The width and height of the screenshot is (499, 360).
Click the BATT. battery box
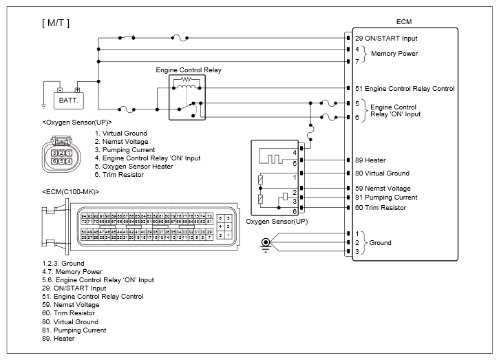(68, 100)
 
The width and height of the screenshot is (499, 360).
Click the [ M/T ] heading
(56, 23)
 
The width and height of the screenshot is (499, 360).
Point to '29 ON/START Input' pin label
(386, 39)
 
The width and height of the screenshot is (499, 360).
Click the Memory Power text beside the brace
(394, 53)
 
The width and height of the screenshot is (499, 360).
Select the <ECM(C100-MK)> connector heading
(70, 191)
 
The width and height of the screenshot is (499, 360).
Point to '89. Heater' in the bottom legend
(59, 339)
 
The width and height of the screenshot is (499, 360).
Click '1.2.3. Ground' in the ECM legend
(63, 264)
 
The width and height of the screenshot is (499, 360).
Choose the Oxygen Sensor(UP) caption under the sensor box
(276, 222)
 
